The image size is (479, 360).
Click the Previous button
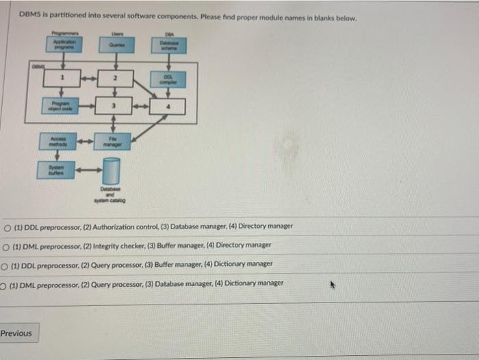[16, 333]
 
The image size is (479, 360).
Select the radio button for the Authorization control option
[6, 227]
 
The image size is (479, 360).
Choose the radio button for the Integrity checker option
[6, 245]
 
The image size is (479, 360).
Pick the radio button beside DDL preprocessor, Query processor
[6, 264]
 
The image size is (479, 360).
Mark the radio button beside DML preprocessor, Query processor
[4, 283]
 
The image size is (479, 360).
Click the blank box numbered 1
[62, 79]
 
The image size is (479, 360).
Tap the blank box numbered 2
[116, 79]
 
